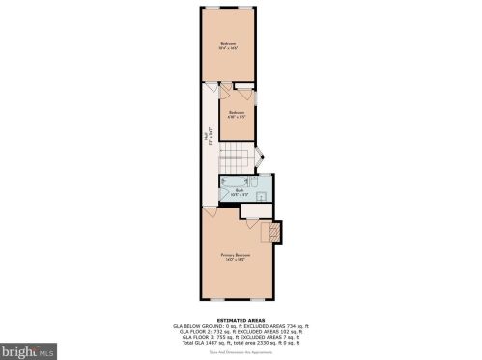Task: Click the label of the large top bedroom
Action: click(229, 44)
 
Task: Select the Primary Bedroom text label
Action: click(241, 256)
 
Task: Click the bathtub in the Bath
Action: click(235, 181)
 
